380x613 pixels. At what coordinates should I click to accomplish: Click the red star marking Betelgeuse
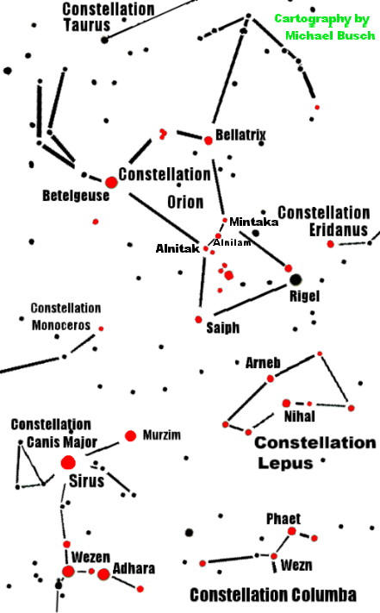tap(111, 182)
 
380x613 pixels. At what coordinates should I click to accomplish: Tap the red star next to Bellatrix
tap(209, 141)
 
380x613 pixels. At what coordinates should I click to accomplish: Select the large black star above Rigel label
tap(296, 279)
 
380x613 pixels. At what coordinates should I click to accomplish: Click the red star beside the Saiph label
tap(198, 319)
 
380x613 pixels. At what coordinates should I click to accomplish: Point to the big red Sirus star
tap(68, 463)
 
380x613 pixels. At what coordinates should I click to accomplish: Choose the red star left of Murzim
tap(130, 435)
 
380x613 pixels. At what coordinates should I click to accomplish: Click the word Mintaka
tap(254, 222)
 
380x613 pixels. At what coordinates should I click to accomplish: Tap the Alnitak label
tap(178, 248)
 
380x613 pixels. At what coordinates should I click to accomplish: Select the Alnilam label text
tap(232, 242)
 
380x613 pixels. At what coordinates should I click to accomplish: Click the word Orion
tap(185, 202)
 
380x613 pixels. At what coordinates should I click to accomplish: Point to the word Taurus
tap(87, 25)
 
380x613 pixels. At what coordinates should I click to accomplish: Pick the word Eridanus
tap(339, 229)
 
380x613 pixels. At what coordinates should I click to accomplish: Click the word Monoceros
tap(61, 325)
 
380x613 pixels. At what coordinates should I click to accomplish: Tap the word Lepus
tap(285, 463)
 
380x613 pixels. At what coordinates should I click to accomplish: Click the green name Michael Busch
tap(330, 35)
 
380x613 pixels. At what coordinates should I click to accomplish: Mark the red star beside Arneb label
tap(271, 378)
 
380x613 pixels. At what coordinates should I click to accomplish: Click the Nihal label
tap(300, 416)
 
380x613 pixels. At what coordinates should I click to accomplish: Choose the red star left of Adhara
tap(103, 574)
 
